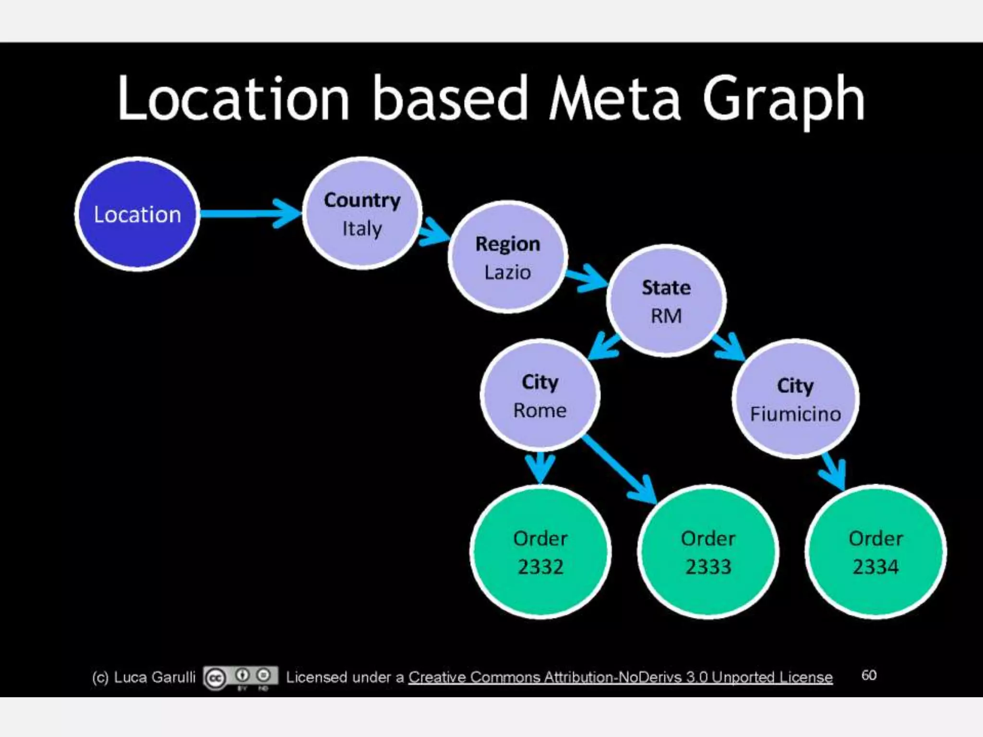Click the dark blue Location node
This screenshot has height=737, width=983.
click(x=137, y=214)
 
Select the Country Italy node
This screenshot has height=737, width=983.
click(x=362, y=214)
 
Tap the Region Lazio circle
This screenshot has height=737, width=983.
click(x=508, y=257)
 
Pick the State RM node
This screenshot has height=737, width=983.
click(x=666, y=301)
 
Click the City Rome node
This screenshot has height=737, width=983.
click(x=540, y=395)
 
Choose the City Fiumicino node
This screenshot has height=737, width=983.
click(x=795, y=399)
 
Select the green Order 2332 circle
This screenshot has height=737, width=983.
click(x=540, y=552)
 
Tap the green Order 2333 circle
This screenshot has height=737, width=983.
click(x=708, y=552)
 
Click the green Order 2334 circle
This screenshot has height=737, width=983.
click(x=875, y=552)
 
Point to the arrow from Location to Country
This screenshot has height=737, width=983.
click(x=250, y=214)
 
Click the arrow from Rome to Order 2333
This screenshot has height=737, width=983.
click(x=619, y=470)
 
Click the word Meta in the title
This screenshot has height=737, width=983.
click(x=614, y=98)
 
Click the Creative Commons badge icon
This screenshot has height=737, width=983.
click(x=240, y=677)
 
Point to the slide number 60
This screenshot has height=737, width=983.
click(x=869, y=675)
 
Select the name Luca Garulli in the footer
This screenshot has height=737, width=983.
click(x=155, y=677)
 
